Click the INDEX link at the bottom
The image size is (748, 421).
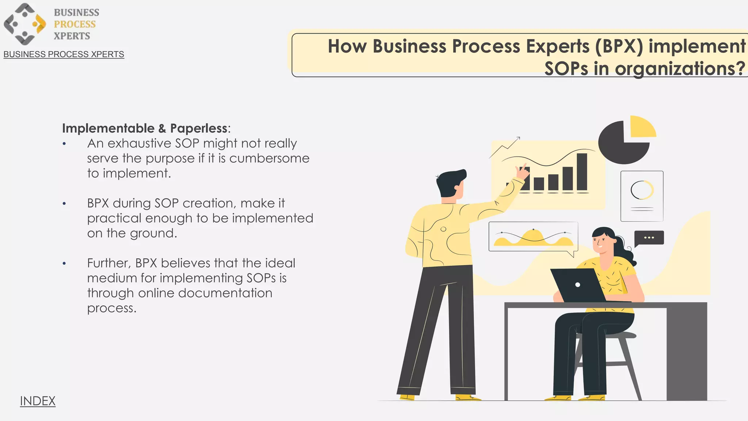click(38, 401)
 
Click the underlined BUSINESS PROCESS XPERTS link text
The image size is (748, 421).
click(64, 54)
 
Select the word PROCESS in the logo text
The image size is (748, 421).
click(75, 24)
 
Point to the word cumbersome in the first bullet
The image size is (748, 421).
click(269, 158)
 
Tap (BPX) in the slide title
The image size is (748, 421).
click(619, 46)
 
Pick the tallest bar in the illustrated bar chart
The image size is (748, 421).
click(582, 171)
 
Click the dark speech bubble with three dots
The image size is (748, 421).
click(649, 238)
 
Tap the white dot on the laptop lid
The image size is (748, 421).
click(577, 285)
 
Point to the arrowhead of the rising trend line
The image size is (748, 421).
click(518, 138)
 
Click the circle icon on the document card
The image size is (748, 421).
click(642, 190)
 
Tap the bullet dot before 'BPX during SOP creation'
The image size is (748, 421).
click(64, 204)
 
